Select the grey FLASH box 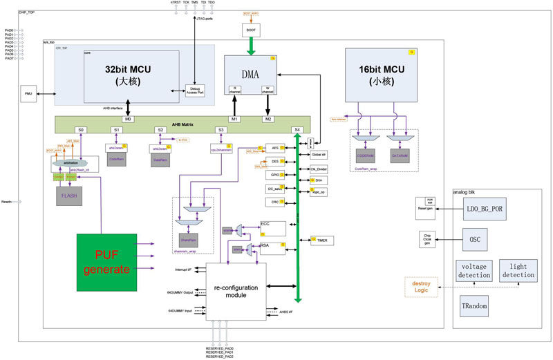tap(68, 196)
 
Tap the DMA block tap(250, 73)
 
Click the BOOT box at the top tap(251, 30)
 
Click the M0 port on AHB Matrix tap(129, 119)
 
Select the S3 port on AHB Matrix tap(221, 130)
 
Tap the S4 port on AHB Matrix tap(297, 130)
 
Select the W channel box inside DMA tap(267, 90)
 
